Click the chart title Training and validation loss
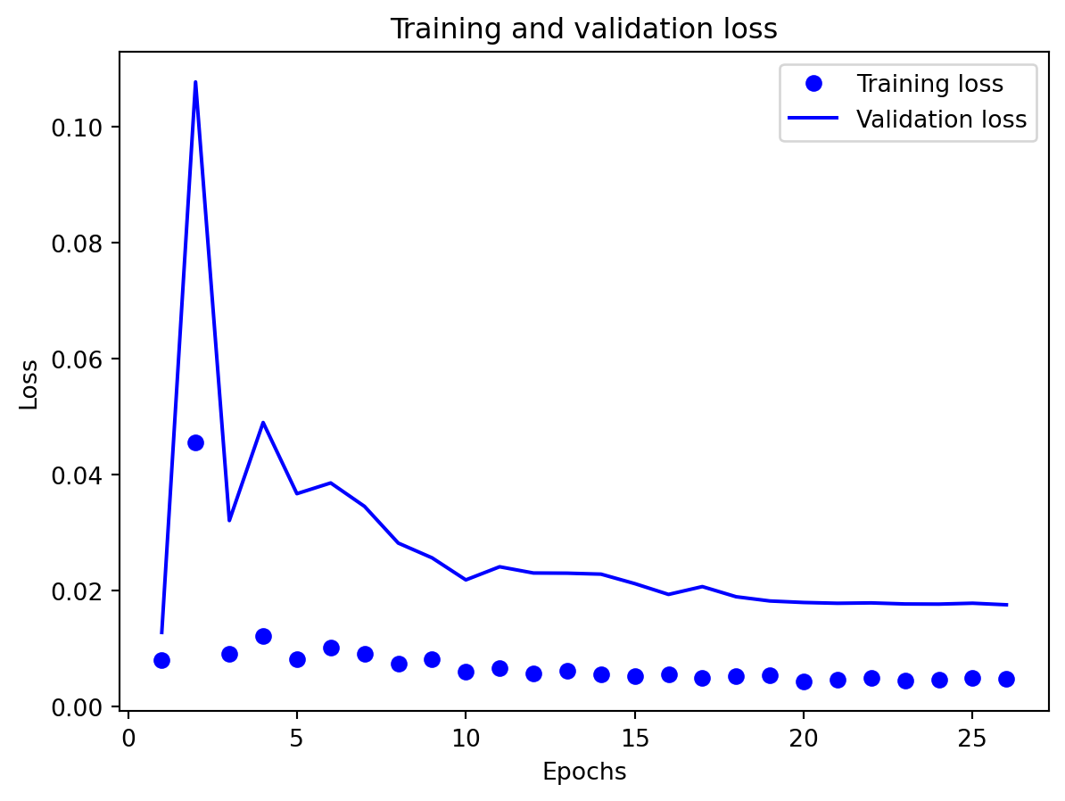click(x=583, y=29)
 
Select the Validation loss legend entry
click(x=941, y=120)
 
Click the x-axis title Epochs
click(x=584, y=772)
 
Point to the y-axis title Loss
click(x=29, y=384)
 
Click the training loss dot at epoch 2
click(x=195, y=442)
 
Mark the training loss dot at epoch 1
click(x=161, y=660)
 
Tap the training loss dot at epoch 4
click(x=263, y=636)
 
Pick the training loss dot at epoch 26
click(x=1006, y=679)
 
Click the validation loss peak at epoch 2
click(x=195, y=82)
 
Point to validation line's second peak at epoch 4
click(x=263, y=423)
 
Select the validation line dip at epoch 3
click(x=229, y=520)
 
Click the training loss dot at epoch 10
click(x=466, y=672)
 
